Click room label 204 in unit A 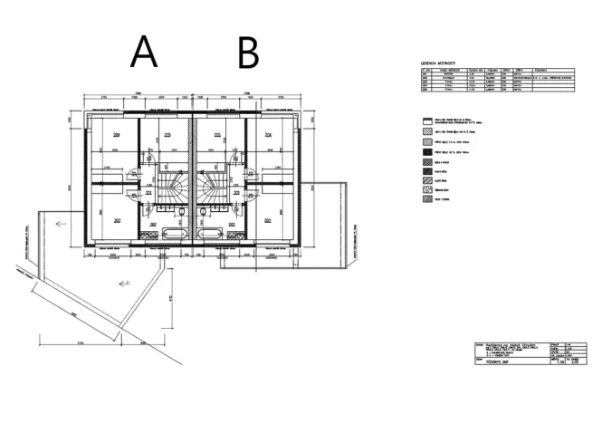(117, 135)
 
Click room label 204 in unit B (269, 135)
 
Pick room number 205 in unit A (167, 135)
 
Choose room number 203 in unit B (269, 220)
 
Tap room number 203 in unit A (117, 220)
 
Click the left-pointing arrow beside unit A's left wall (61, 220)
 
